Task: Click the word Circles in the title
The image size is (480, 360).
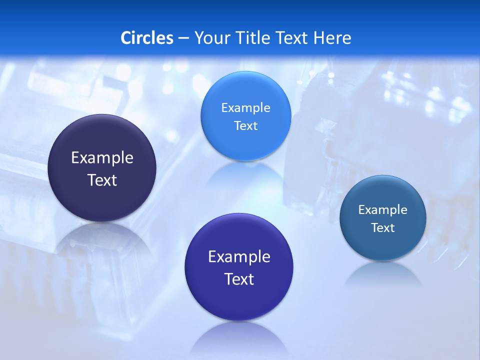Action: point(147,38)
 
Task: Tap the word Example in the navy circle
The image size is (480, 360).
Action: point(102,158)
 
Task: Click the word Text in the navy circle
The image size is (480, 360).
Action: point(102,180)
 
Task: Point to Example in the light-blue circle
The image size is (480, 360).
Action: point(245,108)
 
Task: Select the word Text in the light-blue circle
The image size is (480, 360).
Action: point(245,125)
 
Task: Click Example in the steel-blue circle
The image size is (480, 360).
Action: point(383,210)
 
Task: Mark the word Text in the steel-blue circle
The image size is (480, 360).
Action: point(383,228)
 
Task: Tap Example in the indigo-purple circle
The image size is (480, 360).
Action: point(239,257)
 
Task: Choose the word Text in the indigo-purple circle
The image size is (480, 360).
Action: point(239,279)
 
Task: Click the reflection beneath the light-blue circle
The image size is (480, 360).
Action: point(245,175)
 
